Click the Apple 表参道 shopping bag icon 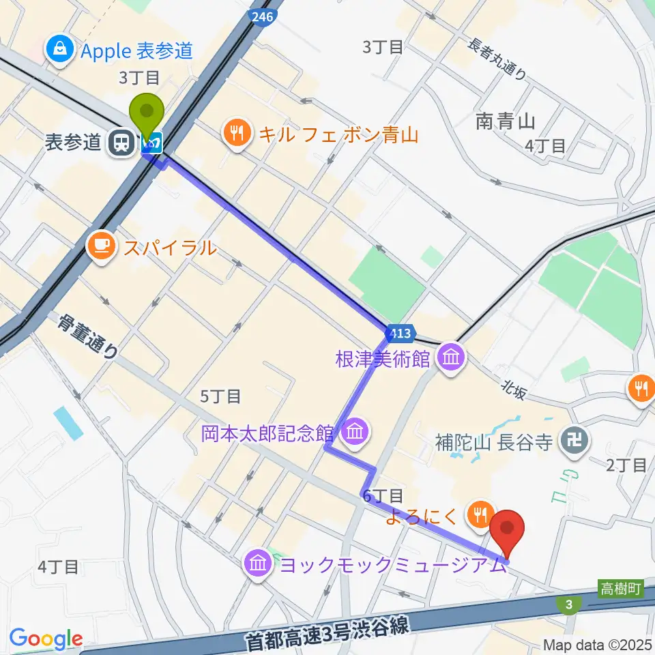click(61, 49)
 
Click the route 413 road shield click(401, 334)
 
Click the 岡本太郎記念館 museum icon click(355, 432)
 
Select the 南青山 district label click(505, 121)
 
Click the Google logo click(46, 639)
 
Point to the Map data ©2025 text click(598, 644)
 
